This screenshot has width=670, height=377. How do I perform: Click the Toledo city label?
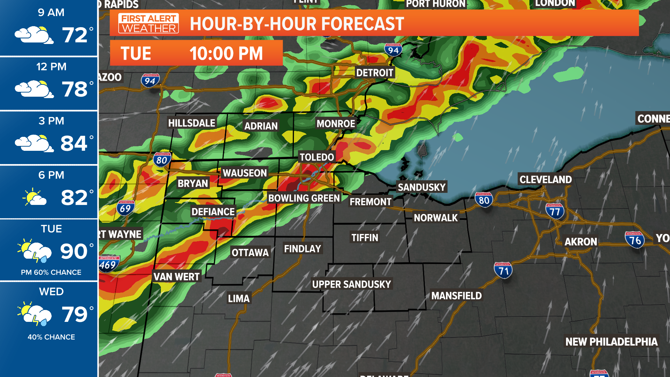coord(317,157)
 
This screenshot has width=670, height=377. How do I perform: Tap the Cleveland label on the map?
coord(545,179)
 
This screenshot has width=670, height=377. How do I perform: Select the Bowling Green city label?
coord(304,198)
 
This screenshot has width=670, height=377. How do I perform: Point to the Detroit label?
coord(374,73)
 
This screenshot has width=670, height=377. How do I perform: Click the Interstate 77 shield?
coord(555,211)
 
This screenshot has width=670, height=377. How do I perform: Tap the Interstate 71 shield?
coord(503,271)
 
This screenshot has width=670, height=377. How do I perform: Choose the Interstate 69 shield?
coord(125,208)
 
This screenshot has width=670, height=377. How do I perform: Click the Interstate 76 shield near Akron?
coord(634,240)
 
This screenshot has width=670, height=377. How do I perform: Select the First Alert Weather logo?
coord(149,23)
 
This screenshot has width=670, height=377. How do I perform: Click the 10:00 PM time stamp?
coord(226,53)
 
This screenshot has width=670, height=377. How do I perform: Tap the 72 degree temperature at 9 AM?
coord(74,35)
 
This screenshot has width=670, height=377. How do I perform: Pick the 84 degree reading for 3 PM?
coord(74,143)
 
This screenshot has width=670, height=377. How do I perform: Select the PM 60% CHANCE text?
coord(51,272)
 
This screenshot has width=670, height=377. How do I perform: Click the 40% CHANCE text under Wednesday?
coord(51,337)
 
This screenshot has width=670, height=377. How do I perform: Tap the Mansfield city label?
coord(456,296)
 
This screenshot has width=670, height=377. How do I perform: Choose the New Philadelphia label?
coord(611,341)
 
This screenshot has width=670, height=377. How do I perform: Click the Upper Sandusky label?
coord(351,284)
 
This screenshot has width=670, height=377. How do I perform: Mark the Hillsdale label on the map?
coord(192,123)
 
